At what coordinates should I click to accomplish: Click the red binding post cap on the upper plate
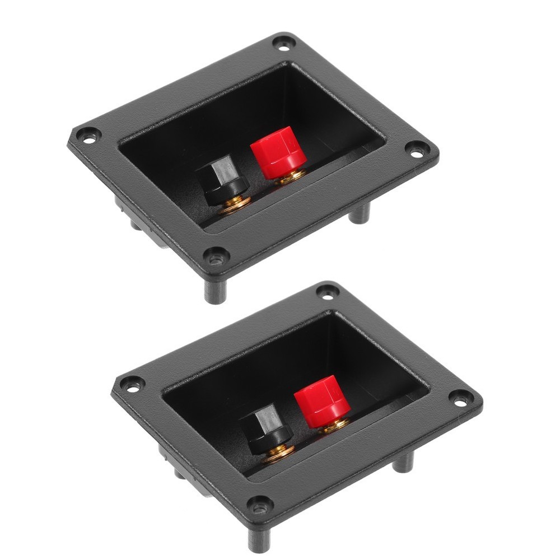(278, 150)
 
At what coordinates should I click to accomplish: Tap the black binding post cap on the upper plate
(221, 180)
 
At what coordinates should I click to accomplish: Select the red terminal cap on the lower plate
(322, 399)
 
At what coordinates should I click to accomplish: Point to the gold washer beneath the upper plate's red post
(291, 176)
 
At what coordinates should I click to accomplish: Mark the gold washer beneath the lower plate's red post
(334, 425)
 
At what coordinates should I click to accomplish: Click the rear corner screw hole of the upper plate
(283, 41)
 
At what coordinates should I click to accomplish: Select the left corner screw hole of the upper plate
(88, 134)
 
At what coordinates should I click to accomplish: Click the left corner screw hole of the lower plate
(132, 384)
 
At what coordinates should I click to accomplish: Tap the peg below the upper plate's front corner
(214, 291)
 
